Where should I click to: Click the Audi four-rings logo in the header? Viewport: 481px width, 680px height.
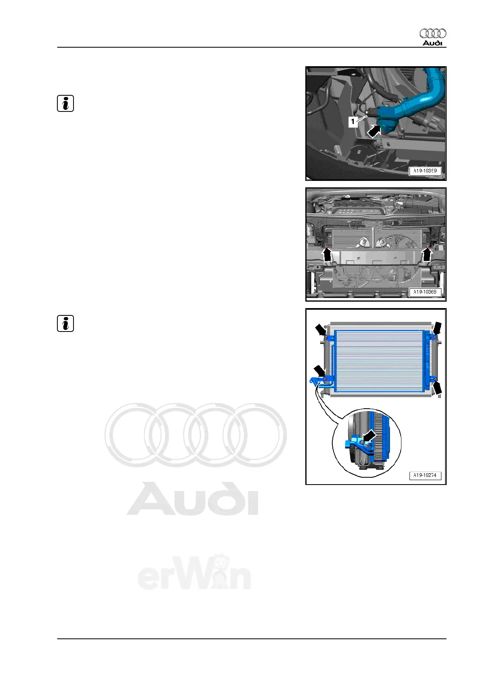point(433,34)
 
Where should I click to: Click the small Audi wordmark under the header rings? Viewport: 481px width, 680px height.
point(433,43)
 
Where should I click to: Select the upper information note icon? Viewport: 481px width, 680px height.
point(65,104)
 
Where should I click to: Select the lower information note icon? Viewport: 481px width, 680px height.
point(65,324)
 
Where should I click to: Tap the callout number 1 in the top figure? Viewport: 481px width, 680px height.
point(353,122)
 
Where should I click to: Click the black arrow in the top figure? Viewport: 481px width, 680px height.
point(374,132)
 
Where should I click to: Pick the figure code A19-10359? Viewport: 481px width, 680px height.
point(425,171)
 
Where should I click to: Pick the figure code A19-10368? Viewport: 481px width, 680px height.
point(425,292)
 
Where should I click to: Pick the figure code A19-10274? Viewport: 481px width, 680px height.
point(425,475)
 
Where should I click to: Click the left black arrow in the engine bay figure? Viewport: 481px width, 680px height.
point(328,255)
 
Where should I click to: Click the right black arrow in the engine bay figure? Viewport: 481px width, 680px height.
point(427,255)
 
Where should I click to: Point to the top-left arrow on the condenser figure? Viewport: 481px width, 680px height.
point(321,330)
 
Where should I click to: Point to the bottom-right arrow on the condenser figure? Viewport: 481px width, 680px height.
point(437,388)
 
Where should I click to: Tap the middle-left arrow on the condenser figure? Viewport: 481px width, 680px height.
point(320,371)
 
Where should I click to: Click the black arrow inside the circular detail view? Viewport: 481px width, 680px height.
point(370,436)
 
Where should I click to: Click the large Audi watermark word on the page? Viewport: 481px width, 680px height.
point(192,499)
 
